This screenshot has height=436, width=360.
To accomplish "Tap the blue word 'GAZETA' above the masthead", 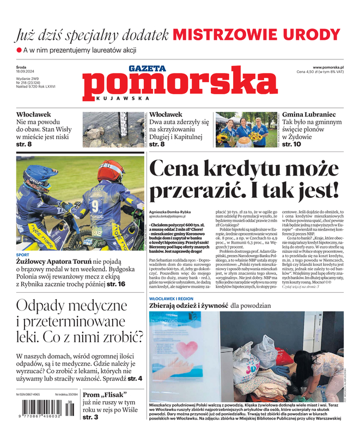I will point(147,69).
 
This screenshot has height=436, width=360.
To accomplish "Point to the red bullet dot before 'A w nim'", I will point(19,50).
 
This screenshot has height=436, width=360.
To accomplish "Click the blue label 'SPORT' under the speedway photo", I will point(23,255).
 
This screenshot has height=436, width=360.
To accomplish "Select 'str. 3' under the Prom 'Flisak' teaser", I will point(90,417).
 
